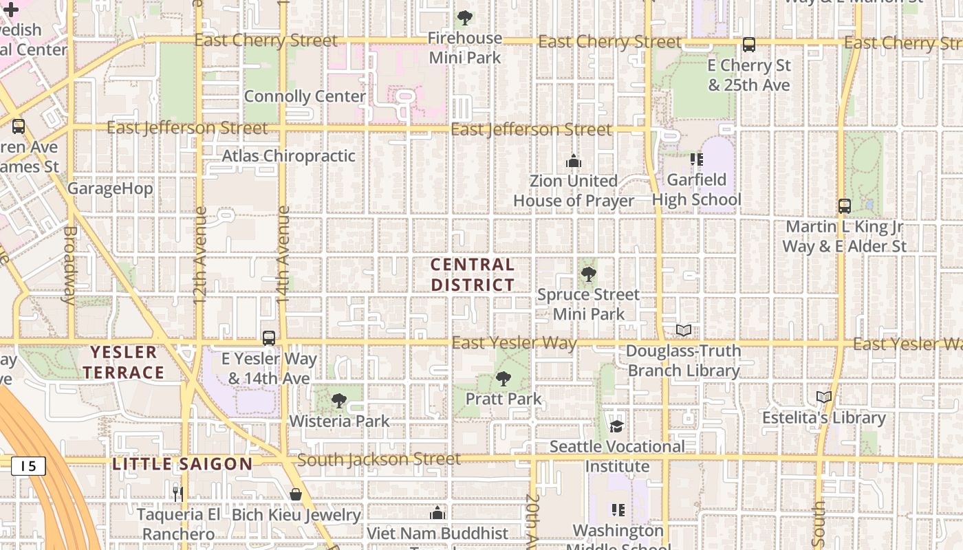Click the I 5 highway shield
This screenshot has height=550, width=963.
pyautogui.click(x=28, y=466)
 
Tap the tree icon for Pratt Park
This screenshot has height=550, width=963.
pyautogui.click(x=504, y=378)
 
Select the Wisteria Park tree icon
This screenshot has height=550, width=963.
pyautogui.click(x=338, y=400)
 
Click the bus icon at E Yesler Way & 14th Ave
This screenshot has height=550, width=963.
pyautogui.click(x=269, y=338)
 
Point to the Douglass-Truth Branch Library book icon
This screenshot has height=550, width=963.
pyautogui.click(x=683, y=331)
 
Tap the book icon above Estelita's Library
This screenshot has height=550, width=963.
pyautogui.click(x=824, y=397)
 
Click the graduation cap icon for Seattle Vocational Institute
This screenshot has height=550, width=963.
pyautogui.click(x=616, y=426)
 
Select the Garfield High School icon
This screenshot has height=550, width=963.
pyautogui.click(x=697, y=159)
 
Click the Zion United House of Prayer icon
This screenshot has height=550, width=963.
pyautogui.click(x=574, y=162)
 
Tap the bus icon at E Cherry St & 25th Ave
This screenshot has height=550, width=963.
pyautogui.click(x=749, y=45)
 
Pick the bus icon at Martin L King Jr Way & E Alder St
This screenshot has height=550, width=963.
pyautogui.click(x=845, y=206)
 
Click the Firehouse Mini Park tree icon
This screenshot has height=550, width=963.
pyautogui.click(x=465, y=17)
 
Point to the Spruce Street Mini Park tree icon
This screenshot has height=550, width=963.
pyautogui.click(x=588, y=275)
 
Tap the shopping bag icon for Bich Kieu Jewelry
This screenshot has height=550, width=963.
pyautogui.click(x=296, y=494)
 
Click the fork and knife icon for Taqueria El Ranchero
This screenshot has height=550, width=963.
pyautogui.click(x=177, y=494)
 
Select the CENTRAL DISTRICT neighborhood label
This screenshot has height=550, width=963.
pyautogui.click(x=473, y=274)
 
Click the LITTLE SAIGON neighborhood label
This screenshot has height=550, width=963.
pyautogui.click(x=182, y=464)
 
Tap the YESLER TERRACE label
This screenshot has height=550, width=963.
pyautogui.click(x=127, y=363)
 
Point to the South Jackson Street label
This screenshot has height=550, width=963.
pyautogui.click(x=379, y=459)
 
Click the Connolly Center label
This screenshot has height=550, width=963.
pyautogui.click(x=305, y=96)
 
